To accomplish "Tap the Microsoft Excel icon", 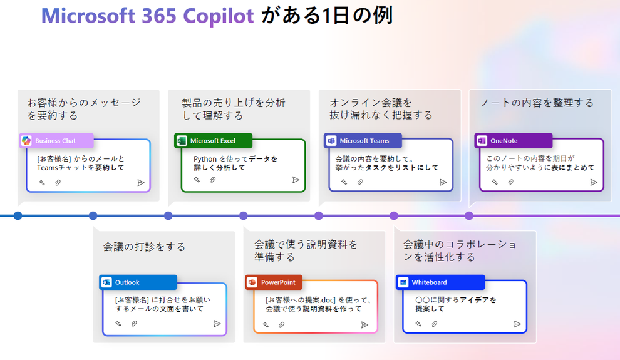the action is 182,141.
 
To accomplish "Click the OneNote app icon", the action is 482,141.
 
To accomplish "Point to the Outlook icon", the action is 106,282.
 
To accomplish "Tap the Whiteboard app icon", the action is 403,282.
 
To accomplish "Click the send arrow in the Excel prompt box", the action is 296,180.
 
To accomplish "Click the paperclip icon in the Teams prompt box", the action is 360,182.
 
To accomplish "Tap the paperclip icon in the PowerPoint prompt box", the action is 282,325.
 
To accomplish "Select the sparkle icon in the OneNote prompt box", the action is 495,182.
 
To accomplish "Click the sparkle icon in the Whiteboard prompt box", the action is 418,324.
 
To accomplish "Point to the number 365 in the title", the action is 158,16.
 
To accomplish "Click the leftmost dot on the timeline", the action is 18,216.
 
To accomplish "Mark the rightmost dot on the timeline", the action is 469,216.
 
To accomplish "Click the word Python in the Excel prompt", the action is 205,159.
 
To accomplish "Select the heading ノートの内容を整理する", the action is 537,103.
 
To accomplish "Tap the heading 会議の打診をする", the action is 144,247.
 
